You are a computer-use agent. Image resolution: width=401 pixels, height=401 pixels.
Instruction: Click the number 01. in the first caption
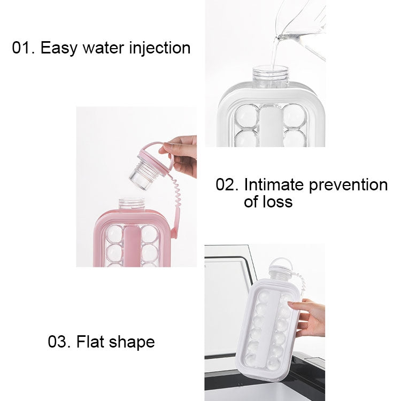24,48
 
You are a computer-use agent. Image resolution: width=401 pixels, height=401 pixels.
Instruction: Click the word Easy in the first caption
57,48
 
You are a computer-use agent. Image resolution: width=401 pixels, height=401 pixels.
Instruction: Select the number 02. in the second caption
227,185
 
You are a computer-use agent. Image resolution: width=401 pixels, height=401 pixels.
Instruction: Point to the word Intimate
274,185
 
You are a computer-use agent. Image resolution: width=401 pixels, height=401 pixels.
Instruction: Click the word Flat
91,342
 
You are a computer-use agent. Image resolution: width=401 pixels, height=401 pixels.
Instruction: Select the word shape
132,342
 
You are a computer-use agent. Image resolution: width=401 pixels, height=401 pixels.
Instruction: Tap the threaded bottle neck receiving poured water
270,75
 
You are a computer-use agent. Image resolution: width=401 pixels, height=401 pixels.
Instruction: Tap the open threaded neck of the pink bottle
130,204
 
